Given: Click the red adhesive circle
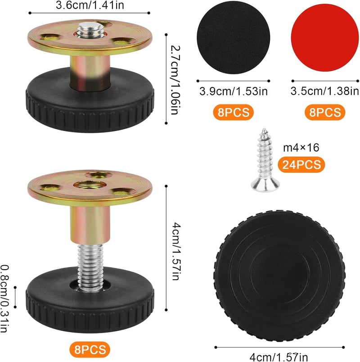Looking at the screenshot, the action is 325,38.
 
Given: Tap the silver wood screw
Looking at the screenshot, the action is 265,160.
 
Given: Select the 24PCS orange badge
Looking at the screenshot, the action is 301,165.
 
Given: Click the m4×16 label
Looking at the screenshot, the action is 301,148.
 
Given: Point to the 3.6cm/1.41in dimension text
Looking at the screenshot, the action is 90,5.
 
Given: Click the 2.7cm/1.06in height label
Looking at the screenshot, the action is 175,80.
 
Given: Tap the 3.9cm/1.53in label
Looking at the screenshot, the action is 234,91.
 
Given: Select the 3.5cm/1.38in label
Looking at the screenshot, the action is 325,91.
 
